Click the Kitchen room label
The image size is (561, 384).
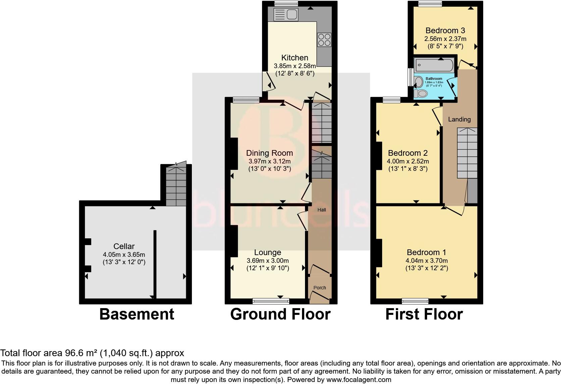tap(295, 57)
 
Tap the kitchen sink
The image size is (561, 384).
tap(286, 14)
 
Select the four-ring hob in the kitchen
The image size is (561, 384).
tap(324, 40)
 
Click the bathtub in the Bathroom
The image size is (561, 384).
tap(434, 64)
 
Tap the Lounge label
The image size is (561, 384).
tap(267, 252)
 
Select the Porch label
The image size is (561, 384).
tap(319, 288)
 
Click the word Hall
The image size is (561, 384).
tap(321, 210)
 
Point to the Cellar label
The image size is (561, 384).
tap(124, 246)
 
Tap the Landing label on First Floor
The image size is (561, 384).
tap(459, 119)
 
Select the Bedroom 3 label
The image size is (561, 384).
tap(445, 31)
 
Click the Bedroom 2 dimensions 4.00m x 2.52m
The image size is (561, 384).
tap(408, 161)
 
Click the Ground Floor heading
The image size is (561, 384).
tap(280, 314)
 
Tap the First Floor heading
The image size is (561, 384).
tap(424, 314)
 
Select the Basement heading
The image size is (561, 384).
tap(137, 314)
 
